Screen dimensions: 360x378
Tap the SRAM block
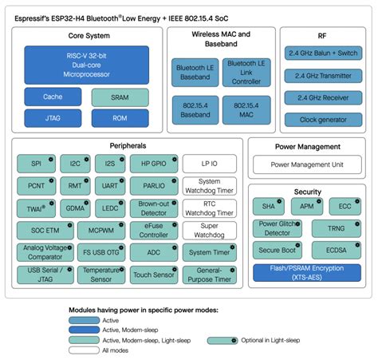tap(120, 97)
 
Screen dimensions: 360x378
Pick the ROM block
tap(120, 118)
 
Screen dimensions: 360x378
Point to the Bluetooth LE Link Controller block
tap(245, 73)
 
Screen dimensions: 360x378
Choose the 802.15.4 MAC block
tap(245, 110)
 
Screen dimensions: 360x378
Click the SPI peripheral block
tap(37, 164)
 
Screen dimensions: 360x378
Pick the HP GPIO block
tap(152, 164)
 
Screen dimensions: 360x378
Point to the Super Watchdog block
tap(208, 231)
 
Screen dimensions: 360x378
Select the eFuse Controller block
tap(152, 231)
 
